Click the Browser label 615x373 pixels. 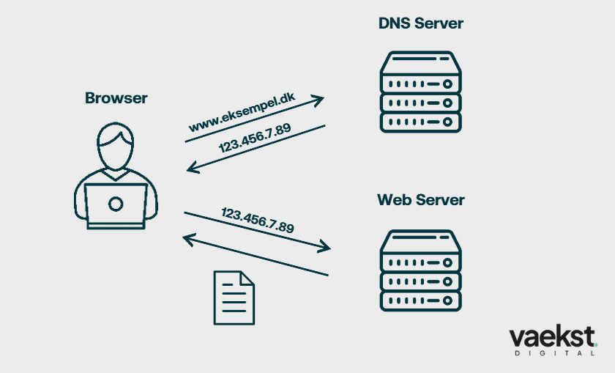click(116, 98)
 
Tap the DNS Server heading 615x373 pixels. click(420, 23)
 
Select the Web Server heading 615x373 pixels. click(420, 199)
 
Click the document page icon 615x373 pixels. click(234, 297)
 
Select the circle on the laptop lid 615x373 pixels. click(116, 203)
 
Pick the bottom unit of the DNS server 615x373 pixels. click(420, 121)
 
